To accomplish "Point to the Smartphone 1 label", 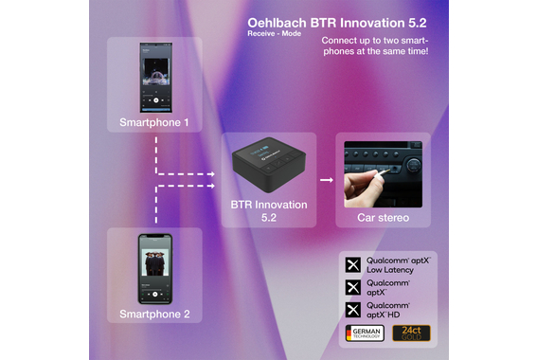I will click(x=154, y=122).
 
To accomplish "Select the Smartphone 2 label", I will click(x=154, y=313).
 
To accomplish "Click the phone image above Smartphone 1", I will click(x=154, y=75).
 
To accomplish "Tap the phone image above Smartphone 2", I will click(x=154, y=265).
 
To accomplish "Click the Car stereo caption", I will click(x=383, y=219).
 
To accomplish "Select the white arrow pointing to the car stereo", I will click(x=325, y=177).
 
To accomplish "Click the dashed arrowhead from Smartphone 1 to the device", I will click(x=215, y=173).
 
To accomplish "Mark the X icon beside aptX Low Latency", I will click(x=352, y=264).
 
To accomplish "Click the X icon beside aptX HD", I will click(x=352, y=309).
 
